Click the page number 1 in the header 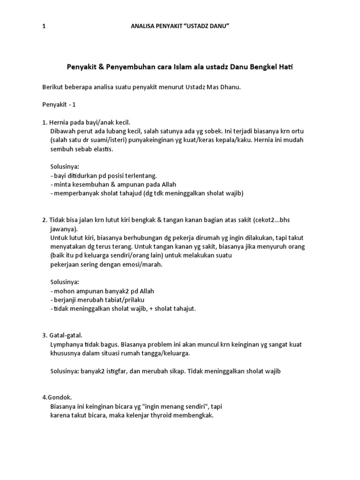click(x=44, y=27)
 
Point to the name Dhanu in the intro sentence click(x=230, y=87)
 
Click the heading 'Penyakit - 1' click(x=59, y=105)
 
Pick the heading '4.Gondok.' click(x=57, y=397)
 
